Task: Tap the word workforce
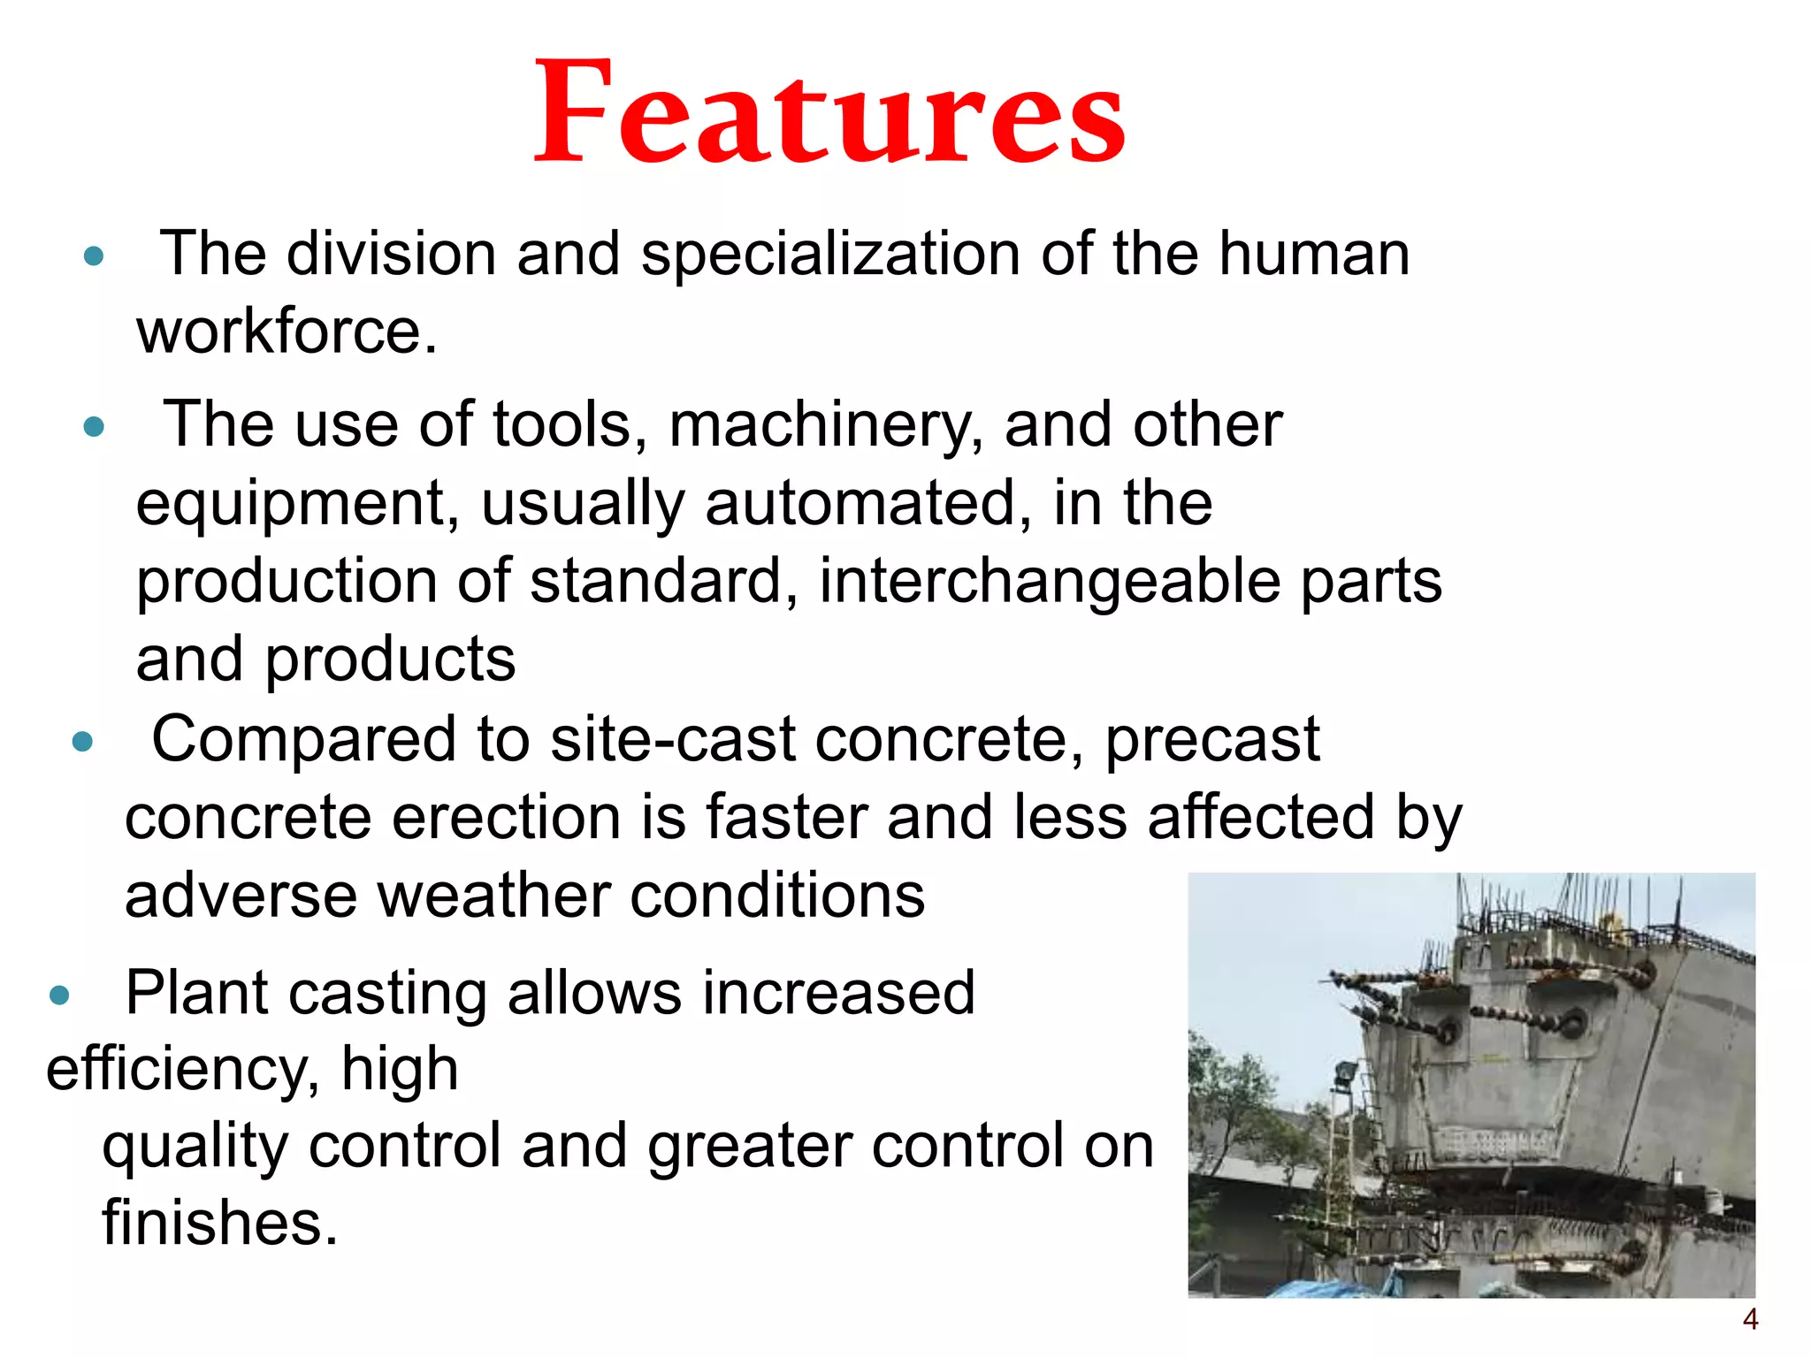click(286, 332)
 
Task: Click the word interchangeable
click(1050, 584)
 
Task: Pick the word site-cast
click(672, 740)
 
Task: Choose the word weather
click(493, 896)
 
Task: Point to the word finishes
click(219, 1224)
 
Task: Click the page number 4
click(1750, 1320)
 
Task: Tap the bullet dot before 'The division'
click(93, 257)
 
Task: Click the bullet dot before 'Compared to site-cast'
click(82, 741)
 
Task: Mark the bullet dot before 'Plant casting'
click(59, 996)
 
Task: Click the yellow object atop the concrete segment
click(1616, 928)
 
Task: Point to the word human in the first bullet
click(1314, 255)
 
